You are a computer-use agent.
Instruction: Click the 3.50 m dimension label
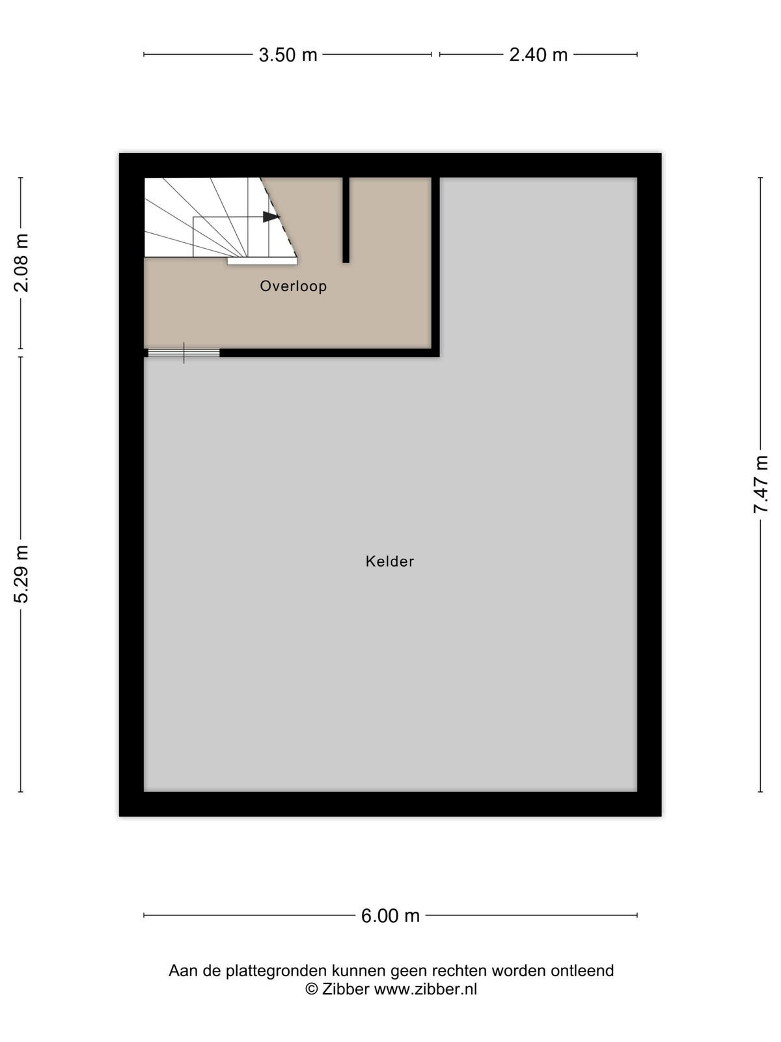pyautogui.click(x=288, y=55)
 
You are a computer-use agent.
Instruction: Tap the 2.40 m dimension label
pyautogui.click(x=538, y=55)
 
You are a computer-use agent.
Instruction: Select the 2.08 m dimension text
pyautogui.click(x=22, y=263)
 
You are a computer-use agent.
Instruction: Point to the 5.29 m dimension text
pyautogui.click(x=22, y=574)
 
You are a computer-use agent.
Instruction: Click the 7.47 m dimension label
pyautogui.click(x=761, y=485)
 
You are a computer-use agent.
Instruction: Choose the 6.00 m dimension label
pyautogui.click(x=390, y=916)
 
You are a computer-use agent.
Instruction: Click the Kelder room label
pyautogui.click(x=390, y=561)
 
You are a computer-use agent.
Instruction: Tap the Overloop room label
pyautogui.click(x=293, y=287)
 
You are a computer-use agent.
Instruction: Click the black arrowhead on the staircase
pyautogui.click(x=271, y=217)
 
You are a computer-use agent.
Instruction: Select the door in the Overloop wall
pyautogui.click(x=184, y=353)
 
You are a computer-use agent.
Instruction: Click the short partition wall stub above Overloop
pyautogui.click(x=346, y=219)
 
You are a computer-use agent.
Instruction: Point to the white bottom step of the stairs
pyautogui.click(x=262, y=260)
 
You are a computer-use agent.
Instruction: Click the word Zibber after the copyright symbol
pyautogui.click(x=346, y=989)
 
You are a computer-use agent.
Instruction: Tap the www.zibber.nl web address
pyautogui.click(x=426, y=989)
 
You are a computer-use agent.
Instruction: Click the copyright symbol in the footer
pyautogui.click(x=311, y=989)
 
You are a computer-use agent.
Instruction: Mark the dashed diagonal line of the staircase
pyautogui.click(x=279, y=218)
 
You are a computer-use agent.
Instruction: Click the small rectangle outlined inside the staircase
pyautogui.click(x=231, y=237)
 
